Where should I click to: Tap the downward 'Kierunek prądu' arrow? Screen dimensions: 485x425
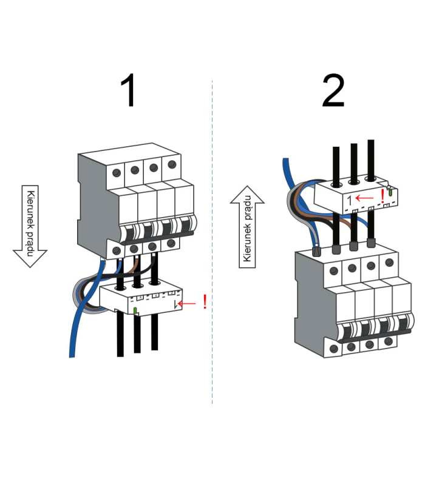click(30, 226)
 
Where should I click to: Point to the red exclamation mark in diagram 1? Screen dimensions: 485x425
click(205, 301)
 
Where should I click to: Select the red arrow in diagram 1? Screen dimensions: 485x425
click(189, 301)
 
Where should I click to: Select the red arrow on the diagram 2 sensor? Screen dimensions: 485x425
click(365, 197)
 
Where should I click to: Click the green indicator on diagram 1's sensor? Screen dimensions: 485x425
click(136, 311)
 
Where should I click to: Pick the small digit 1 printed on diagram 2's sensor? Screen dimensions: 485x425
click(349, 199)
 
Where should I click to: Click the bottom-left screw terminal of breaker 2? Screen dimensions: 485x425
click(333, 349)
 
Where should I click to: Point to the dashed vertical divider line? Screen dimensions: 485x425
click(212, 242)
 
